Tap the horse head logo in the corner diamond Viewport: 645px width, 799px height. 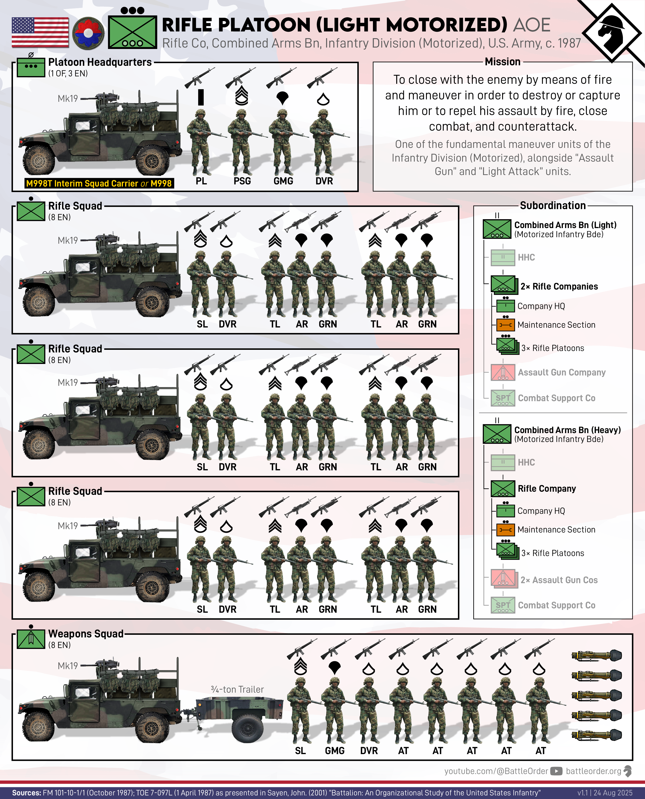click(x=611, y=32)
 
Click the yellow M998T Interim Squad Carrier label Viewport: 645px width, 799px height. click(x=99, y=183)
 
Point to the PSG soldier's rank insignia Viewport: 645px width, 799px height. click(x=242, y=96)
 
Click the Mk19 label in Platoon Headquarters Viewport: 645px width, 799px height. click(x=68, y=98)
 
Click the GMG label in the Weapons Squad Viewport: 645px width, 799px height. click(x=335, y=751)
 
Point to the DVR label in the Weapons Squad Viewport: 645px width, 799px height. click(x=369, y=751)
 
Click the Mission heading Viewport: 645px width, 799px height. click(x=502, y=62)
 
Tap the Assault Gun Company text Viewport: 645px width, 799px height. click(x=561, y=372)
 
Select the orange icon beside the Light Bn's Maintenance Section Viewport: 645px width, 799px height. click(x=505, y=325)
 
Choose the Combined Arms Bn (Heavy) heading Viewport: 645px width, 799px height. click(x=567, y=430)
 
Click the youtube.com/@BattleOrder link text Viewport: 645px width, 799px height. click(x=496, y=771)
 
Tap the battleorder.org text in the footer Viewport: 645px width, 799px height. click(x=593, y=771)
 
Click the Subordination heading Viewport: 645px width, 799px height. click(x=553, y=206)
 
